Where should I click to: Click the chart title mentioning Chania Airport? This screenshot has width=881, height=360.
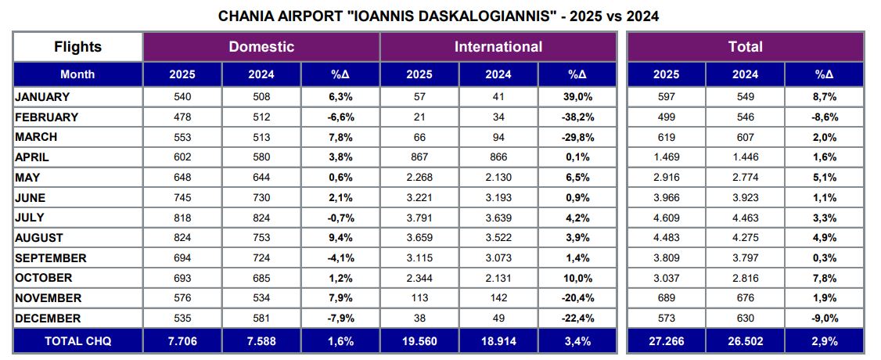tap(440, 15)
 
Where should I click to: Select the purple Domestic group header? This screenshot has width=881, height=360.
tap(261, 47)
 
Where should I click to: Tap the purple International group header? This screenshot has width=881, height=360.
tap(498, 47)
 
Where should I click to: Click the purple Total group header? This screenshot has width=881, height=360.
tap(745, 47)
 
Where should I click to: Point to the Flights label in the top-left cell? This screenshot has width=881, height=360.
tap(77, 47)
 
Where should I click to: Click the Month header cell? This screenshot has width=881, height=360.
tap(77, 74)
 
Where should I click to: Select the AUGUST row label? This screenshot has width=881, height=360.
tap(39, 238)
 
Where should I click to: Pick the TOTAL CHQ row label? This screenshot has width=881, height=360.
tap(77, 341)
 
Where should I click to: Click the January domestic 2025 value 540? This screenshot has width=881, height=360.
tap(182, 97)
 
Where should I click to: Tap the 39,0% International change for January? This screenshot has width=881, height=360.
tap(577, 97)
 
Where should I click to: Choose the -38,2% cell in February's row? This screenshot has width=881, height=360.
tap(577, 117)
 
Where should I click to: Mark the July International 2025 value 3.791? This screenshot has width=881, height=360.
tap(419, 218)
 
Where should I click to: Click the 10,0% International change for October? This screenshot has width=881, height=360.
tap(577, 278)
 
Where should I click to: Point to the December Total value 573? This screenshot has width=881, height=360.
tap(666, 319)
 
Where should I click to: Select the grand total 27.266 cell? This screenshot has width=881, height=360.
tap(666, 341)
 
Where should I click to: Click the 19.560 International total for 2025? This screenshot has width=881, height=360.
tap(419, 341)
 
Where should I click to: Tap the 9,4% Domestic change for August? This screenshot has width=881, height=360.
tap(340, 238)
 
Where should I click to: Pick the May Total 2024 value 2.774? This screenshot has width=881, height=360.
tap(745, 178)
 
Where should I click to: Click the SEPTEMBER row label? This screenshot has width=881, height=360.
tap(51, 258)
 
